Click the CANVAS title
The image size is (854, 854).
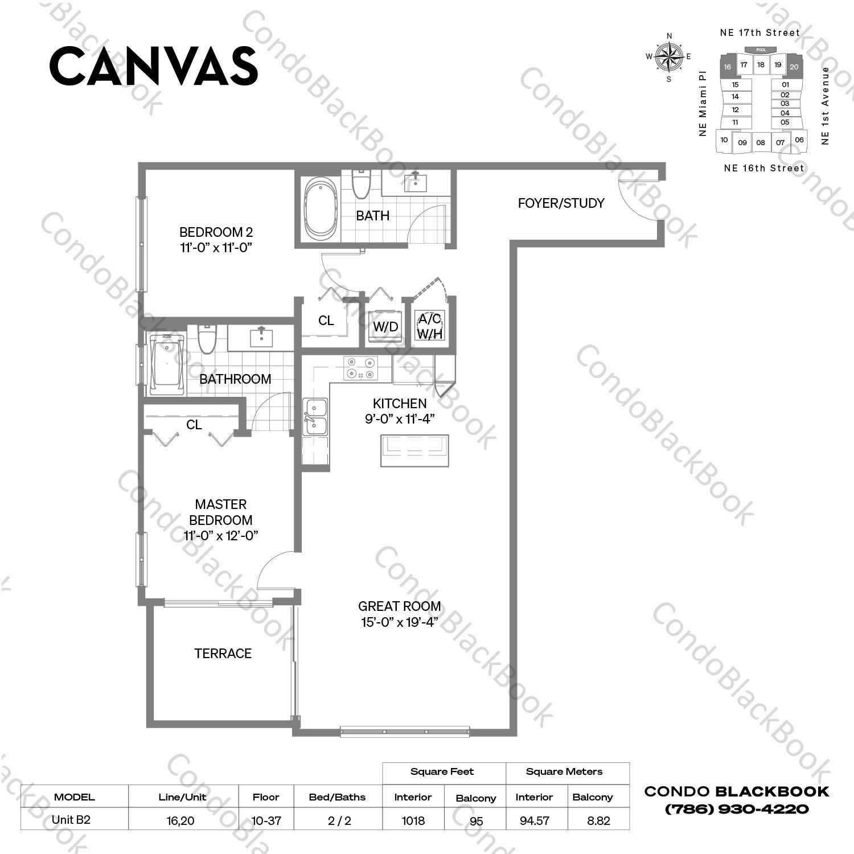pyautogui.click(x=154, y=66)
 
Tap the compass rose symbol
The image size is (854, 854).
pyautogui.click(x=669, y=56)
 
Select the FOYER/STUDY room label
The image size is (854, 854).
pyautogui.click(x=561, y=203)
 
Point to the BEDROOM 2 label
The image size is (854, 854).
pyautogui.click(x=216, y=232)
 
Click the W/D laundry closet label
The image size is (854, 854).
pyautogui.click(x=385, y=327)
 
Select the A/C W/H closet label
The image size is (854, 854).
pyautogui.click(x=429, y=326)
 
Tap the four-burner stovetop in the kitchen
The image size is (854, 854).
pyautogui.click(x=360, y=368)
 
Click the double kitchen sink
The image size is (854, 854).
pyautogui.click(x=315, y=417)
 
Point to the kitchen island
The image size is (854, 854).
pyautogui.click(x=414, y=450)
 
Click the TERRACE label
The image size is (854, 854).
pyautogui.click(x=223, y=654)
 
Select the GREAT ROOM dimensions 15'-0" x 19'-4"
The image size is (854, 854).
pyautogui.click(x=399, y=622)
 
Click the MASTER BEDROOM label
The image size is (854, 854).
pyautogui.click(x=220, y=512)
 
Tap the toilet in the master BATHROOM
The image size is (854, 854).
pyautogui.click(x=206, y=340)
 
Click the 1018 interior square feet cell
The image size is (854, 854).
pyautogui.click(x=413, y=820)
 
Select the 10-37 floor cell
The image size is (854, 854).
pyautogui.click(x=266, y=820)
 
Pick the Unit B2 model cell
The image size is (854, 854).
pyautogui.click(x=71, y=820)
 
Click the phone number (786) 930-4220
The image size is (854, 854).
pyautogui.click(x=737, y=808)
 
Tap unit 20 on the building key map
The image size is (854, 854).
pyautogui.click(x=794, y=67)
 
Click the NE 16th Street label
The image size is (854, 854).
pyautogui.click(x=763, y=168)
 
